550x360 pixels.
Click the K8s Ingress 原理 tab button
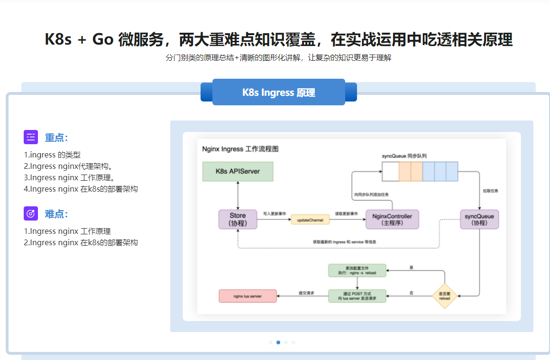[279, 92]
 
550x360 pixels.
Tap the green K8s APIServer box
[238, 171]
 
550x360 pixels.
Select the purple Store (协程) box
[238, 220]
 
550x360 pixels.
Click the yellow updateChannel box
[310, 220]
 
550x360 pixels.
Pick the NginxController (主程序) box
[392, 220]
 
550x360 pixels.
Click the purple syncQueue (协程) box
[479, 220]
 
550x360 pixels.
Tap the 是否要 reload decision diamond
[444, 296]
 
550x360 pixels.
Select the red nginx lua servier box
[247, 296]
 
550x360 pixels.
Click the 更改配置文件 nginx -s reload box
[357, 270]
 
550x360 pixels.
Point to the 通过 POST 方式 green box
[357, 296]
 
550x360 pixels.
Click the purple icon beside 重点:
[31, 137]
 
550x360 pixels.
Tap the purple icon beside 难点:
[31, 213]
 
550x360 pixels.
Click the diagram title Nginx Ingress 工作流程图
[240, 149]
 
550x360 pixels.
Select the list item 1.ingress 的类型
[52, 155]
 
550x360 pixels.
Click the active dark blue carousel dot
[278, 342]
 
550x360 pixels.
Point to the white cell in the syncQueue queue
[390, 171]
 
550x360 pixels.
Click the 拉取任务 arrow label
[490, 191]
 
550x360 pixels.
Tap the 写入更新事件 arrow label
[275, 214]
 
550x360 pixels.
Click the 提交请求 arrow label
[307, 293]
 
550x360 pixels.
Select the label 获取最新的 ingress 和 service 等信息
[344, 242]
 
